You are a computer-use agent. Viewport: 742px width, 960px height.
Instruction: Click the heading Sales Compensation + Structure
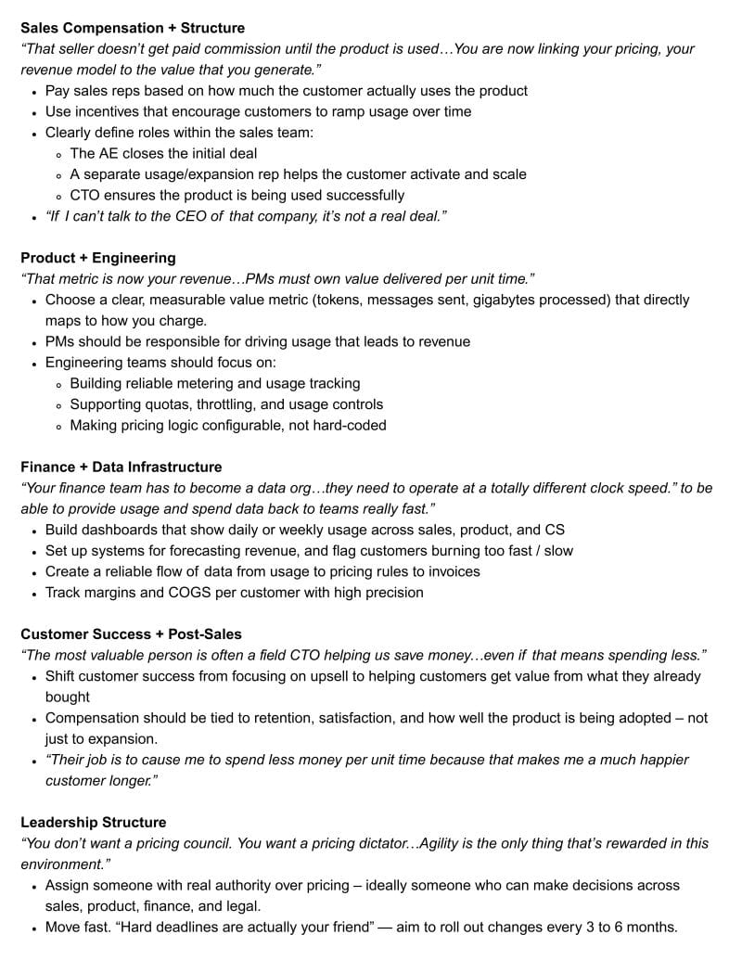[x=133, y=28]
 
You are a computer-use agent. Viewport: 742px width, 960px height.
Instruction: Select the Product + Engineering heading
[x=97, y=258]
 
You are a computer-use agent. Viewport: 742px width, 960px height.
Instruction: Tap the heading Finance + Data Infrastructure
[x=122, y=467]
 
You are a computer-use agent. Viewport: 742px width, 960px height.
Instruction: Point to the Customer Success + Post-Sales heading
[x=131, y=634]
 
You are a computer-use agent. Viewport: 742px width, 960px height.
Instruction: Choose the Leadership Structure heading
[x=94, y=822]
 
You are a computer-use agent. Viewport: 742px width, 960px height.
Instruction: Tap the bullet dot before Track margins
[x=34, y=594]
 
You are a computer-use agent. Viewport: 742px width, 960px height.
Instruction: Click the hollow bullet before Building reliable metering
[x=59, y=384]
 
